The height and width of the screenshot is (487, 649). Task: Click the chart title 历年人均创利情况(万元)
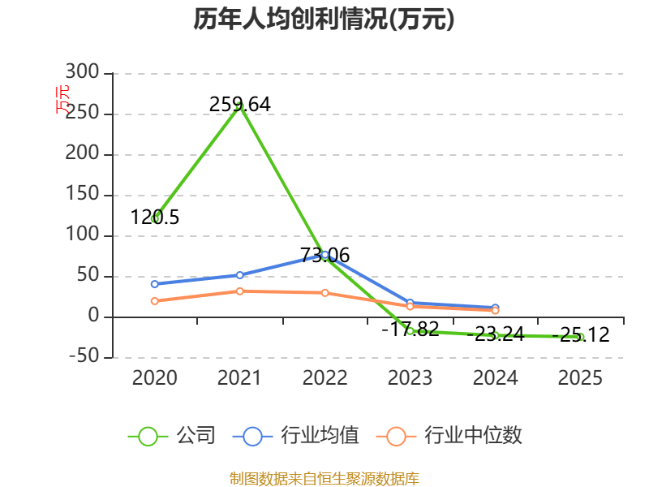coord(324,19)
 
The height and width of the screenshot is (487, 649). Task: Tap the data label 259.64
coord(239,105)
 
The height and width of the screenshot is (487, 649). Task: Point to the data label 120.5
coord(155,218)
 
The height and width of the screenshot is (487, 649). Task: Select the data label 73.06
coord(325,255)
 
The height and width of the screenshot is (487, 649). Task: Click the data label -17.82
coord(410,330)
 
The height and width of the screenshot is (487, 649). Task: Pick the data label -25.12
coord(581,334)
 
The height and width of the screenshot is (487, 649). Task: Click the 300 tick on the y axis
coord(82,72)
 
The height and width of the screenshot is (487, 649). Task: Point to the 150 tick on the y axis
coord(82,194)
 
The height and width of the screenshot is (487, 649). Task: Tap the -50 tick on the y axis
coord(84,356)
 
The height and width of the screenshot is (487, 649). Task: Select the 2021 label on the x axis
coord(239,377)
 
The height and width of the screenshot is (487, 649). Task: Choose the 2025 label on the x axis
coord(580,377)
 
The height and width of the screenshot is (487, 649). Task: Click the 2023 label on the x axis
coord(410,377)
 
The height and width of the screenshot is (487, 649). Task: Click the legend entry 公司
coord(172,436)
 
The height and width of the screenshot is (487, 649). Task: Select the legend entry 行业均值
coord(296,436)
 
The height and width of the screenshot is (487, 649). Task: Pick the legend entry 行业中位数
coord(449,436)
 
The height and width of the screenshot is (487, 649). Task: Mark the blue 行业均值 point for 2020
coord(155,284)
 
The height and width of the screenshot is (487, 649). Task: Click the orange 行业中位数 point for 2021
coord(239,291)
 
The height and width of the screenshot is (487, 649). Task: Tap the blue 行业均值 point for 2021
coord(239,275)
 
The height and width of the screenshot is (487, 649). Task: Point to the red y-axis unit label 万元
coord(62,99)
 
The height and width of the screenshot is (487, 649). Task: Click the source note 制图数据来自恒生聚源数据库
coord(324,478)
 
